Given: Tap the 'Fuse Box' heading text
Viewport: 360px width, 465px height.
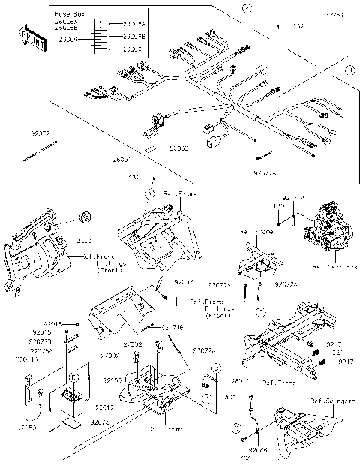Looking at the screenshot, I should coord(70,15).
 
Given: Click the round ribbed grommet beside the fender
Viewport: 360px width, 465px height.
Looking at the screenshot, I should coord(85,218).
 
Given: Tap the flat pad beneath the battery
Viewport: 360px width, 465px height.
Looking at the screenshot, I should coord(73,421).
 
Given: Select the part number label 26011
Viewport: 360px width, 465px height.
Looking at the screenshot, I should coord(240,380).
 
